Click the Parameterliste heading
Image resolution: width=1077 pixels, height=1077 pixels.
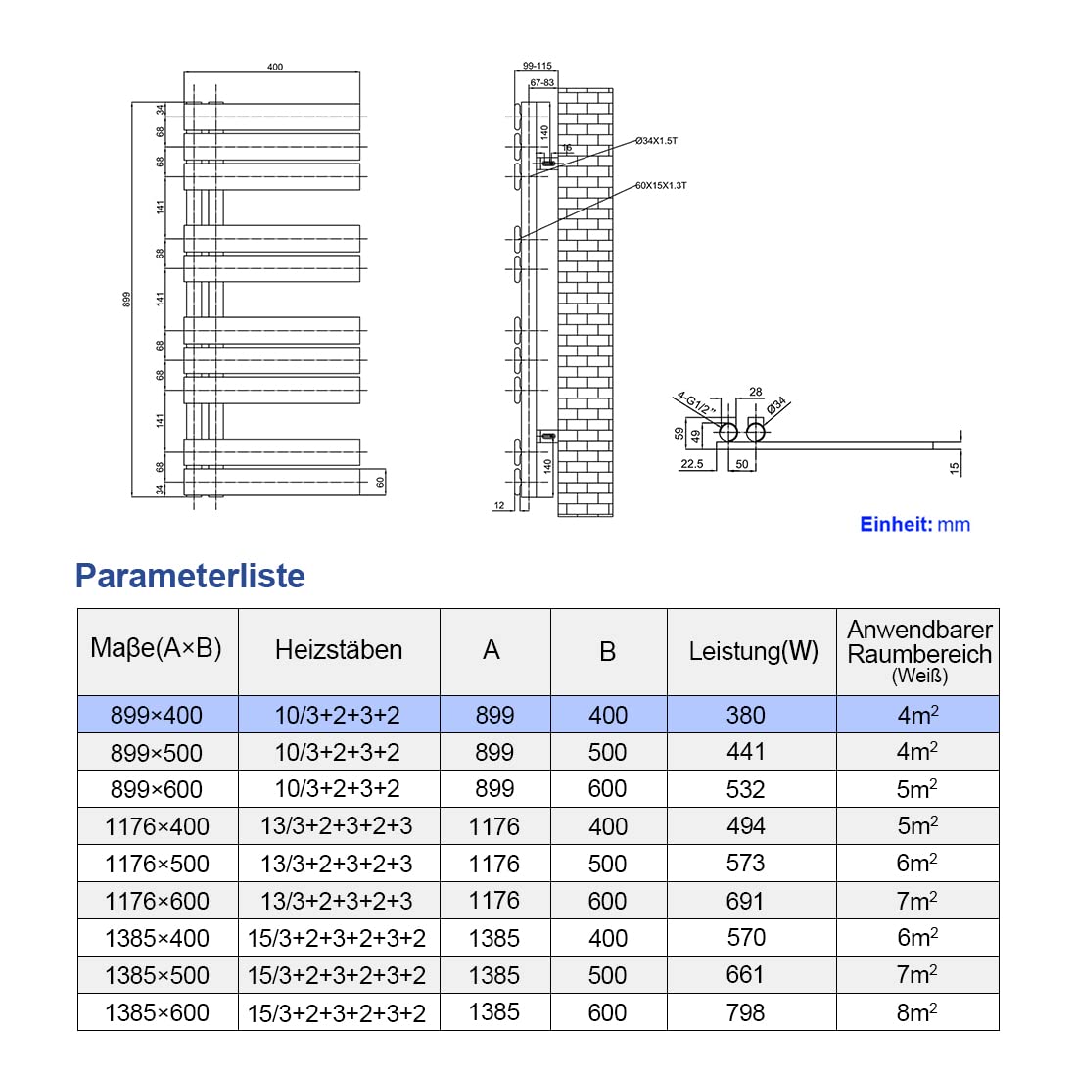click(x=190, y=576)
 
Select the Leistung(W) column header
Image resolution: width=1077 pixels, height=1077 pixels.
click(x=753, y=651)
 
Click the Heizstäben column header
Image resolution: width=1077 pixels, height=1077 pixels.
click(x=339, y=650)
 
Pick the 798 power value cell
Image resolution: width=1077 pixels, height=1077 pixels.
click(x=746, y=1012)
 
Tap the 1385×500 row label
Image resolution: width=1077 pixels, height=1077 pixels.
click(x=157, y=975)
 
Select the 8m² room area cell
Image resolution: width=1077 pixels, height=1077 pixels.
click(x=917, y=1012)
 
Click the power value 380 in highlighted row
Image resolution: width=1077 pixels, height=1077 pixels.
click(x=746, y=715)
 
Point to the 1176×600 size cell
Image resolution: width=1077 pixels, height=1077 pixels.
click(x=157, y=901)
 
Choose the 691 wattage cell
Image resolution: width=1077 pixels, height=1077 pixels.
click(x=746, y=901)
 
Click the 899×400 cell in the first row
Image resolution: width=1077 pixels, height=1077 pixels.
click(x=157, y=715)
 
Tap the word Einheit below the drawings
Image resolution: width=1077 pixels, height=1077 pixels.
click(x=896, y=524)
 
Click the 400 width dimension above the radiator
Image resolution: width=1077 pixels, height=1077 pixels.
click(x=275, y=67)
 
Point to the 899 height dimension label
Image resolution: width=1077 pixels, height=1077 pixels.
click(x=127, y=300)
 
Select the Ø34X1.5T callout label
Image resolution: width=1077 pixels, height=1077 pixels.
click(x=656, y=141)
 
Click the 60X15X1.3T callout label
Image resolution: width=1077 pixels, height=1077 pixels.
click(x=661, y=185)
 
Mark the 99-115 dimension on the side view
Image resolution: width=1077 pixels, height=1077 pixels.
click(x=538, y=66)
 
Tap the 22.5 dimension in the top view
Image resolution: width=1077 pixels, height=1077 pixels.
click(x=691, y=464)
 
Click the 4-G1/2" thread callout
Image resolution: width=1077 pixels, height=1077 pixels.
click(x=696, y=403)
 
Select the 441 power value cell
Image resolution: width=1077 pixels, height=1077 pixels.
click(x=746, y=752)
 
